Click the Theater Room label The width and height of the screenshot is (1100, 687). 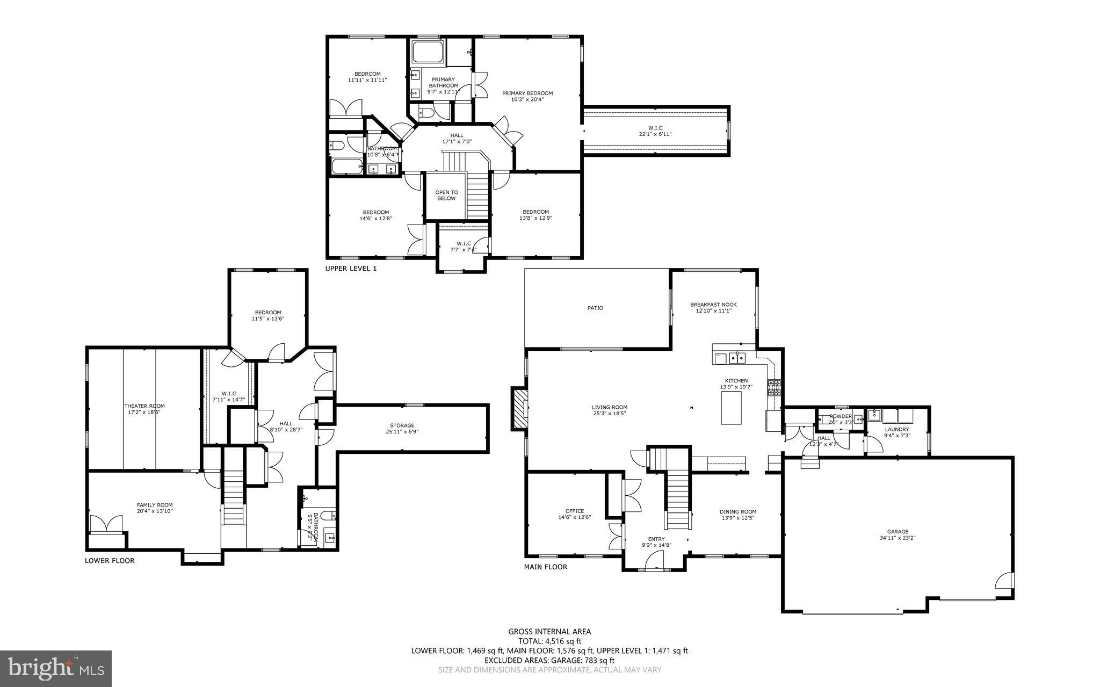(x=144, y=406)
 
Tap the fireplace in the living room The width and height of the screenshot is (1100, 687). (x=519, y=409)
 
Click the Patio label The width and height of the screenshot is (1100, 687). (x=595, y=308)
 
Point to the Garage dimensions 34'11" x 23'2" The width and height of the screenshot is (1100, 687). (x=897, y=538)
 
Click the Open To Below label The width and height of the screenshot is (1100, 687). (x=446, y=195)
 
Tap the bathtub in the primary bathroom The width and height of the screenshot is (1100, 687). (x=428, y=54)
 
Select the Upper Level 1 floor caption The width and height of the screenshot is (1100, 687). (x=351, y=268)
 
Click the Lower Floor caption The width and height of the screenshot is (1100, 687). (x=110, y=561)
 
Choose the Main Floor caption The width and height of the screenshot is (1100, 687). (x=545, y=567)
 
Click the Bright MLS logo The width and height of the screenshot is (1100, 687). (x=56, y=668)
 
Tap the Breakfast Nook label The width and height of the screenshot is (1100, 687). (x=713, y=305)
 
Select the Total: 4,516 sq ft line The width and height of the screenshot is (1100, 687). (x=549, y=641)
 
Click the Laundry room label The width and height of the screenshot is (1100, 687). (x=896, y=429)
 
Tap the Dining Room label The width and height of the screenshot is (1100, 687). (x=738, y=511)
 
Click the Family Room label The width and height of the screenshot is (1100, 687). (x=155, y=505)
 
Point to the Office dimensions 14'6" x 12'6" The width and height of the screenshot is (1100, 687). (x=574, y=517)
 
